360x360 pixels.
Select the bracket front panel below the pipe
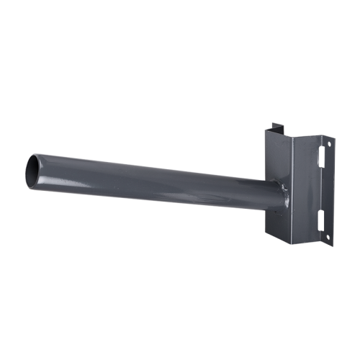click(x=276, y=223)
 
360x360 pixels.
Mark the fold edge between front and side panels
click(x=291, y=191)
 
